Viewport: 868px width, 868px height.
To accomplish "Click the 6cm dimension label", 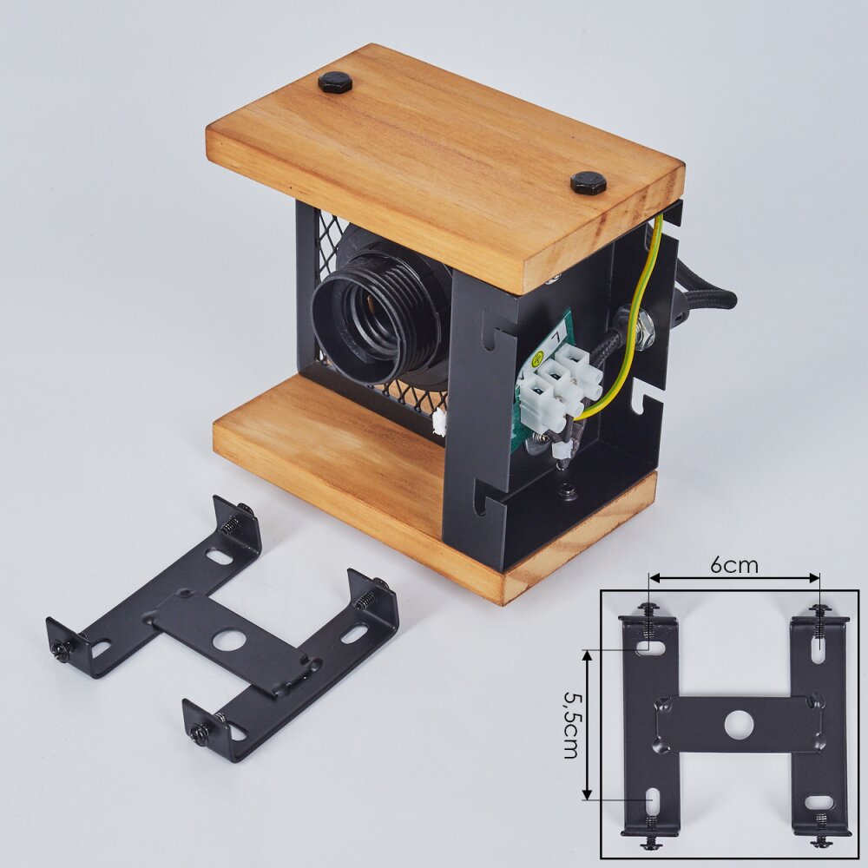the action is pos(734,565).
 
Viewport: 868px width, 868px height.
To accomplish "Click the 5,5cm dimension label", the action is pos(571,725).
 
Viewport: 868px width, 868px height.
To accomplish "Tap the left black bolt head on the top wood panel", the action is pos(335,82).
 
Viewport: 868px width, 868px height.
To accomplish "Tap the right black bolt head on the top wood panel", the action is pos(588,182).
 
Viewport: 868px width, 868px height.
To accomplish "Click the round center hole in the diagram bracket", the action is pos(739,724).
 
